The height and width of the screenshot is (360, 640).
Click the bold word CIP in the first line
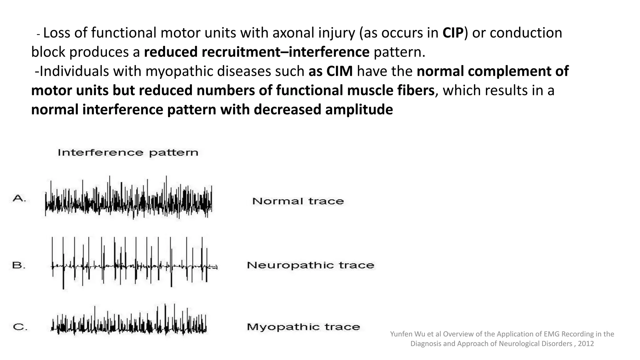point(453,33)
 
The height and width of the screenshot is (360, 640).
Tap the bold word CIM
point(339,71)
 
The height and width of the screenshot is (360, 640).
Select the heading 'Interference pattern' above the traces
point(128,152)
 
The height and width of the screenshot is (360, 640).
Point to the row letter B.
point(19,265)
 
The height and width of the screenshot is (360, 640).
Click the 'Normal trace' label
point(298,201)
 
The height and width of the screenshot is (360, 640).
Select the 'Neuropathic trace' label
point(310,265)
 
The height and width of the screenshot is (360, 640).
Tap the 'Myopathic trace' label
point(303,327)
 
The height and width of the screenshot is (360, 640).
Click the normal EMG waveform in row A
point(128,198)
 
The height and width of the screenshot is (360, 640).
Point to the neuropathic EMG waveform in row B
point(134,264)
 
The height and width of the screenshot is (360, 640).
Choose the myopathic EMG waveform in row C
point(128,322)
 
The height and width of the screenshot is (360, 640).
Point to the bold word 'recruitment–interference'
point(257,52)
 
